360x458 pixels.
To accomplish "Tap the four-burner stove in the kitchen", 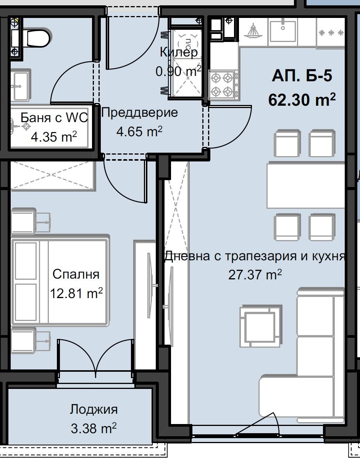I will click(223, 84).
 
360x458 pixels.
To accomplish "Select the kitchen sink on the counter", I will click(283, 31).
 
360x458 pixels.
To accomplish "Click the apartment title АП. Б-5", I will click(302, 76).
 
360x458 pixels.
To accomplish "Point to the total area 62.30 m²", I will click(302, 100).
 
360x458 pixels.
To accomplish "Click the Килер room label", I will click(179, 53).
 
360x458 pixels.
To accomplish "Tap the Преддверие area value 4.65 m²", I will click(139, 132).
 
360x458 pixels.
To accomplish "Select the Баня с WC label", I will click(54, 118).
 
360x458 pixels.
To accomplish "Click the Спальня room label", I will click(76, 274).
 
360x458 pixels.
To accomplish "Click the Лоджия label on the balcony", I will click(94, 410).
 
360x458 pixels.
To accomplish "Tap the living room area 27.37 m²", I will click(255, 275).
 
